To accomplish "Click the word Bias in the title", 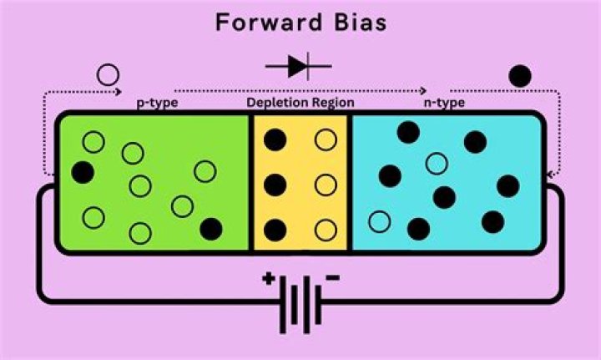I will coord(360,23).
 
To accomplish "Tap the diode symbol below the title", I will coord(299,67).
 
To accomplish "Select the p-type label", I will coord(157,103).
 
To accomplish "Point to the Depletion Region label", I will coord(300,103).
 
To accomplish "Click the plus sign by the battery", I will coord(268,281).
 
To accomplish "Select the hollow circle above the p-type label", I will coord(109,75).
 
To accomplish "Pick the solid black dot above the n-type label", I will coord(519,76).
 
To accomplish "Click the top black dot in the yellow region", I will coord(276,139).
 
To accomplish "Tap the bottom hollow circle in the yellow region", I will coord(326,229).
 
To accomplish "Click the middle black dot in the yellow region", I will coord(276,185).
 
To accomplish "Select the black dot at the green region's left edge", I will coord(83,172).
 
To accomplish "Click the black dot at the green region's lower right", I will coord(211,226).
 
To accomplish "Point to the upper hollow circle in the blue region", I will coord(435,163).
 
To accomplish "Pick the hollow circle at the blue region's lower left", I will coord(380,222).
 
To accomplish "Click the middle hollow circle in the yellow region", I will coord(326,185).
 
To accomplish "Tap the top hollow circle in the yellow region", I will coord(326,139).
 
